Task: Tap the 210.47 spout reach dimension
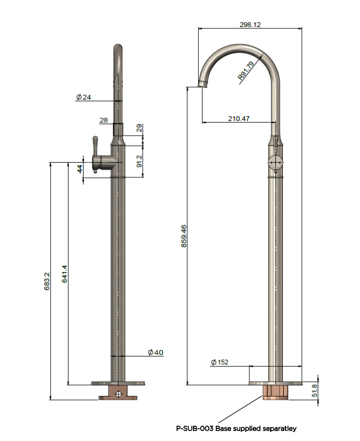point(238,118)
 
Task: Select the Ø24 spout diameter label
point(84,97)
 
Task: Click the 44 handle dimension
point(80,169)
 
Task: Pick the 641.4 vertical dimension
point(64,274)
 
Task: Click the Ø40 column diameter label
point(155,352)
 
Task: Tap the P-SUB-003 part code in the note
point(195,428)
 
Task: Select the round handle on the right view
point(275,163)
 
